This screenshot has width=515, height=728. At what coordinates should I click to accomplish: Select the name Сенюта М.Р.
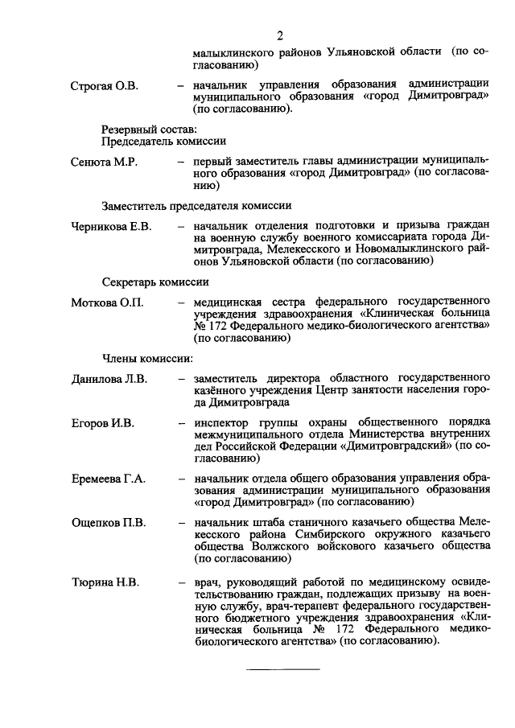[103, 162]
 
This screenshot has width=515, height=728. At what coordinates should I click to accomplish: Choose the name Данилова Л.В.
[108, 377]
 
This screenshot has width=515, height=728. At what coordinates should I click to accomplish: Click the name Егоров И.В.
[101, 422]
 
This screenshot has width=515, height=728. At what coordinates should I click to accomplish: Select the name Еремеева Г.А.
[107, 479]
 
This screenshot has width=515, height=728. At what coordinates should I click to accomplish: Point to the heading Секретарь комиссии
[155, 282]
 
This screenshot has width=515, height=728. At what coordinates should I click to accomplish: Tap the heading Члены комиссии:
[146, 358]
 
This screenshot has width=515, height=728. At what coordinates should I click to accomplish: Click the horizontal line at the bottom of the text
[282, 669]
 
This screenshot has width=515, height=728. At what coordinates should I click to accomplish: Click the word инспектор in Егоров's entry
[222, 422]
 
